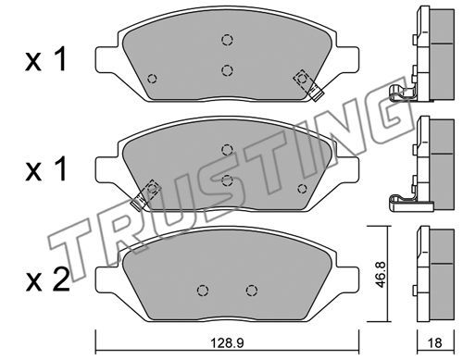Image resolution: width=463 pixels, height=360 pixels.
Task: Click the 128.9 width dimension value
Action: [x=227, y=342]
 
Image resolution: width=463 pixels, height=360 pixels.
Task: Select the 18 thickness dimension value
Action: [x=435, y=342]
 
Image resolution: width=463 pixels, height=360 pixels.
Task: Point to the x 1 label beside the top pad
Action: [x=46, y=59]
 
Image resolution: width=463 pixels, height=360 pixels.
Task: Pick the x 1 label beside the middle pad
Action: [x=46, y=168]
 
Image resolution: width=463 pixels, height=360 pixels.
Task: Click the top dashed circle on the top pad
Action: [x=227, y=40]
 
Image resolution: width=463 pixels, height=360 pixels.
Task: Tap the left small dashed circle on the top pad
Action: [x=152, y=79]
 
